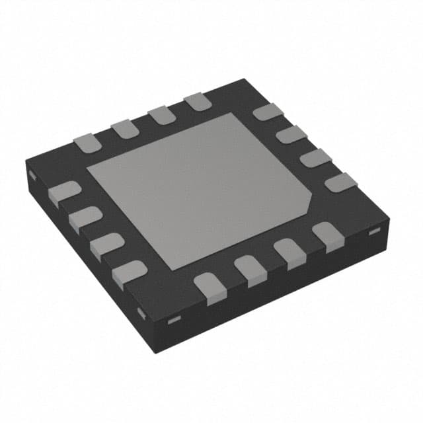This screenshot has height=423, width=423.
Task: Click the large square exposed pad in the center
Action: [198, 188]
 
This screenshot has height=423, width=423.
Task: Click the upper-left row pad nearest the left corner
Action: [85, 143]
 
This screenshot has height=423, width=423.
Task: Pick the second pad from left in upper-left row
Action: [123, 129]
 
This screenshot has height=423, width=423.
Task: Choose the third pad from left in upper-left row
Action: [160, 115]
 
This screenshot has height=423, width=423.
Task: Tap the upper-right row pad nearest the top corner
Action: [266, 112]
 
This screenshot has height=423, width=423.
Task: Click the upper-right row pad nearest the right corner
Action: [340, 182]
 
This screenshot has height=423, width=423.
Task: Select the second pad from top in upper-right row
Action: [291, 135]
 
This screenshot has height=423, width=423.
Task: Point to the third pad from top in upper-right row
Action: [316, 158]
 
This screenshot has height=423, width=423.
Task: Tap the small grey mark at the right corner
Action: [372, 230]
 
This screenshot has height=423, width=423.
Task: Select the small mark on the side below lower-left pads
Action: [139, 311]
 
